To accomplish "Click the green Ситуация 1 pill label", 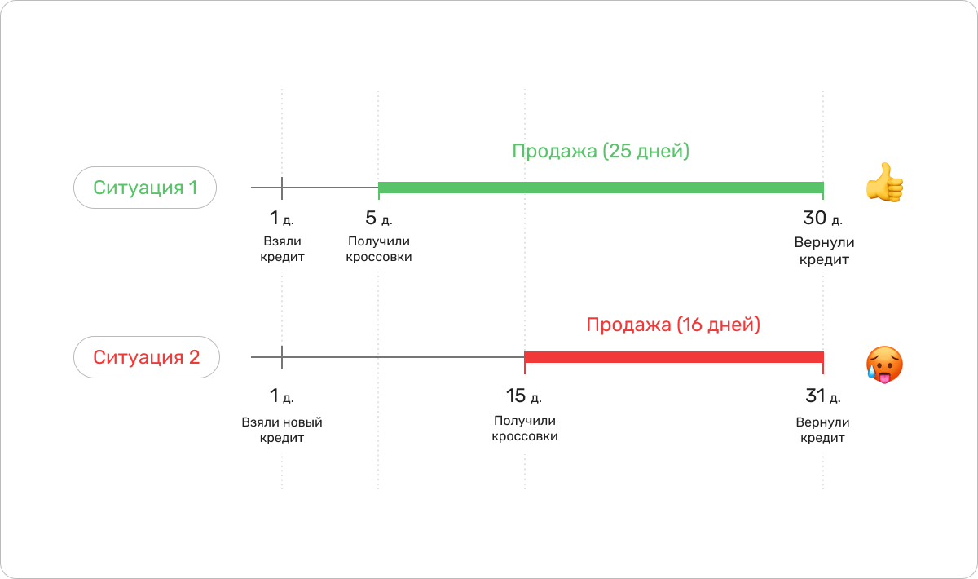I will coord(145,188).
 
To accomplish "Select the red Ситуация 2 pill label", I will coord(147,357).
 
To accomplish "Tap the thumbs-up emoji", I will coord(884,183).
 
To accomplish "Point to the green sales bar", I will coord(601,188).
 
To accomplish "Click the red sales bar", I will coord(673,357).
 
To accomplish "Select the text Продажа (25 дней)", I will coord(601,152).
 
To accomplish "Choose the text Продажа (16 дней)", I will coord(673,325).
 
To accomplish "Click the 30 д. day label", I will coord(822,219).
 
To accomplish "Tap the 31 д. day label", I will coord(822,396).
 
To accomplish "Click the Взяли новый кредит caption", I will coord(282,430).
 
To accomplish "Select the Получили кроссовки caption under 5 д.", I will coord(378,250).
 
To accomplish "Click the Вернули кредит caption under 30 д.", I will coord(822,251).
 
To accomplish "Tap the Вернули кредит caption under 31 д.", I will coord(822,430).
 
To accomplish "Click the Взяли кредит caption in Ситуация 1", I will coord(283,250).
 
